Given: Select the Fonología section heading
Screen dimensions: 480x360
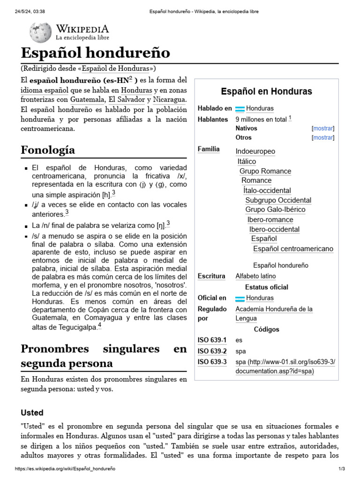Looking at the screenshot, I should tap(48, 150).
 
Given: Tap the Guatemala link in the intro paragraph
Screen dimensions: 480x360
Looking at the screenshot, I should tap(88, 99).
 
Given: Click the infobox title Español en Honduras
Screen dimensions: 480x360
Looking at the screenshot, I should tap(266, 91).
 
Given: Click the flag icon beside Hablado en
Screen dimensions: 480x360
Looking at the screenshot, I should tap(240, 109).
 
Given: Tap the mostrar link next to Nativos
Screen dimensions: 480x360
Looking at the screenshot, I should tap(323, 128).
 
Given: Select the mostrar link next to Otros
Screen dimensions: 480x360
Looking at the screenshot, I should tap(323, 137).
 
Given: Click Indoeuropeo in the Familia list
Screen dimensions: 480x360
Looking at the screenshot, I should tap(255, 151).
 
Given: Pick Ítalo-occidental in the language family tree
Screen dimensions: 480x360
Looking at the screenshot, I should tap(267, 190).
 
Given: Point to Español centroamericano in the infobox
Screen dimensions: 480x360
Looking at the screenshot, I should tap(293, 248).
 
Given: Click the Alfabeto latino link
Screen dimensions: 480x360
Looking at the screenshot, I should tap(255, 276).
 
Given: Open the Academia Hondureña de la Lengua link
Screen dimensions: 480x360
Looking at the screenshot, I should tap(274, 314).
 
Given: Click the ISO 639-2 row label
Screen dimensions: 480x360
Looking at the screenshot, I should tap(212, 351).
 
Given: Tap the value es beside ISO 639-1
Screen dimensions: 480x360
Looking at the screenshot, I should tap(239, 340).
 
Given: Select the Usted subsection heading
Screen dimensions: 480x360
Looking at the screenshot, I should tap(32, 413).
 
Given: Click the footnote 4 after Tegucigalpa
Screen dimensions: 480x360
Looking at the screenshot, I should tap(99, 326).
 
